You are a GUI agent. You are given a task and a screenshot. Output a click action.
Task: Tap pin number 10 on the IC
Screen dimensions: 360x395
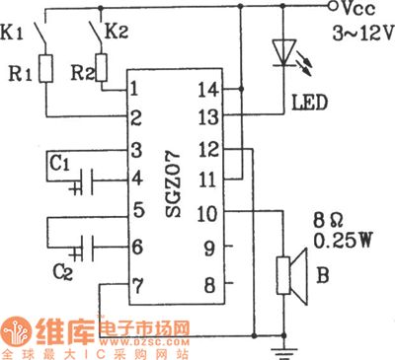pyautogui.click(x=209, y=211)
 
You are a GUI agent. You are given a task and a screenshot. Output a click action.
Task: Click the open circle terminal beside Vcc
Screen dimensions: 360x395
pyautogui.click(x=328, y=7)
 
